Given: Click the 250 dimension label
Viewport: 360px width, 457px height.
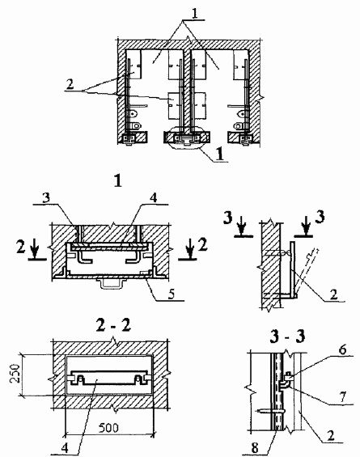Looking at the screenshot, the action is (15, 374).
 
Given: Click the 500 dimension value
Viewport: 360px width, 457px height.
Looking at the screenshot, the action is (108, 428).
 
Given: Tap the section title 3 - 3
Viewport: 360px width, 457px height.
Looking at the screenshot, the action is (288, 336).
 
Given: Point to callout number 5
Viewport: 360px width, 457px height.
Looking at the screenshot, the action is (172, 294).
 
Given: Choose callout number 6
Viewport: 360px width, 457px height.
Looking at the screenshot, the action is (343, 349).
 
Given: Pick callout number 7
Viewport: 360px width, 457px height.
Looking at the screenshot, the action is (343, 397).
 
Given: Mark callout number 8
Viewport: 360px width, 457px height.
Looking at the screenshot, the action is (255, 448).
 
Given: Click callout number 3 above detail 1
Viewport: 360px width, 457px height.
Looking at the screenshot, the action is (46, 198).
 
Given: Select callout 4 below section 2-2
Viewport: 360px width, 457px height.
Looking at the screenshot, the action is (65, 448).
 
